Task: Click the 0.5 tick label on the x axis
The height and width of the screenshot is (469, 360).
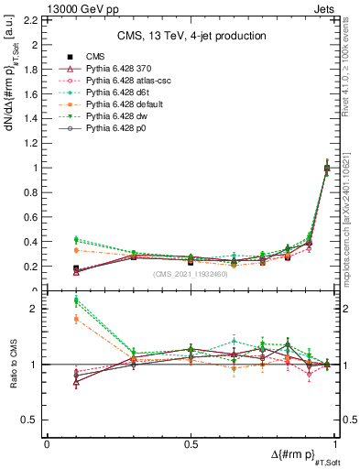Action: [190, 442]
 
